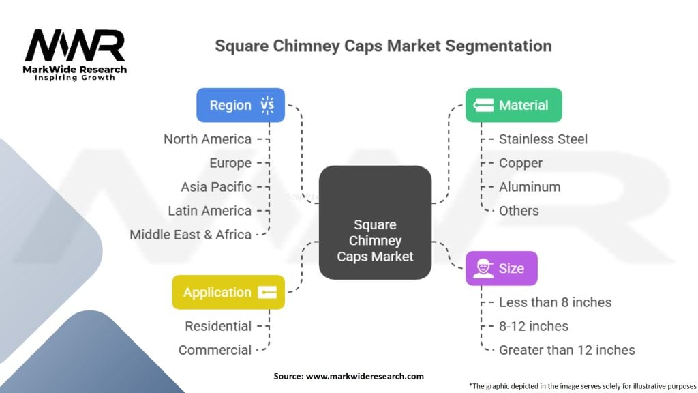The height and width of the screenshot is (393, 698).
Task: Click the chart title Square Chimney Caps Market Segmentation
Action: [383, 46]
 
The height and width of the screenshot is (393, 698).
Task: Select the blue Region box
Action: [241, 105]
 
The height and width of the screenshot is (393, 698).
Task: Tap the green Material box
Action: [513, 105]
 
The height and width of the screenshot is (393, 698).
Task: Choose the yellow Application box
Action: [228, 292]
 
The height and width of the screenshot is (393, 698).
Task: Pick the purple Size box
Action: [501, 268]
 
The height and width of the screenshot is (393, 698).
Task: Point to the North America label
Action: [207, 139]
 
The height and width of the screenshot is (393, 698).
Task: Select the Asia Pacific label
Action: [215, 187]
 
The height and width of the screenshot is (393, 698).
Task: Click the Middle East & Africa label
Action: [190, 235]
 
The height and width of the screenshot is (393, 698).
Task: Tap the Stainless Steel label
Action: [543, 139]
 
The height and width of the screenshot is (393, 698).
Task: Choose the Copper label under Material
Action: [520, 163]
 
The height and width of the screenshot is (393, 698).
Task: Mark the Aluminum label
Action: [529, 187]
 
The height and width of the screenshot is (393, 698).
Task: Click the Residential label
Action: [218, 326]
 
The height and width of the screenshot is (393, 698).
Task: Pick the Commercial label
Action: [215, 350]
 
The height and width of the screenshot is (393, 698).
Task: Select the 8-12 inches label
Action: [533, 326]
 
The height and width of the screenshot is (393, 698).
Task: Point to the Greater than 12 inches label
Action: [566, 350]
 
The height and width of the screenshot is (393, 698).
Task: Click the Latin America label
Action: [209, 211]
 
